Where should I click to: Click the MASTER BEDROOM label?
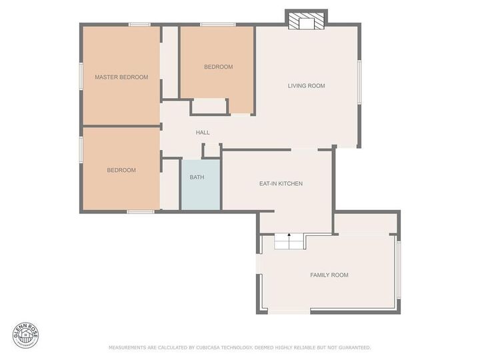coord(121,77)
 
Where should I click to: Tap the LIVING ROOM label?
coord(306,85)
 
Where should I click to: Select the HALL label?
coord(203,133)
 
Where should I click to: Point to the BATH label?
coord(197,177)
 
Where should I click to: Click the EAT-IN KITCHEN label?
coord(281,183)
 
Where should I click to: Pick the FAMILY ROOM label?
coord(329,275)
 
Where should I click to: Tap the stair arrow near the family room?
coord(289,236)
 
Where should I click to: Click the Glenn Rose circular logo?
coord(26,335)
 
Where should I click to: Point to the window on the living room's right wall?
coord(359,82)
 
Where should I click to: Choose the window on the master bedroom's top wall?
coord(139,25)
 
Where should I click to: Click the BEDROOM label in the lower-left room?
coord(121,170)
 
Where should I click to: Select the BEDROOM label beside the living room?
coord(218,67)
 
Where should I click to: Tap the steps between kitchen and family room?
coord(289,241)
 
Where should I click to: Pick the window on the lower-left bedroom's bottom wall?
coord(141,212)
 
